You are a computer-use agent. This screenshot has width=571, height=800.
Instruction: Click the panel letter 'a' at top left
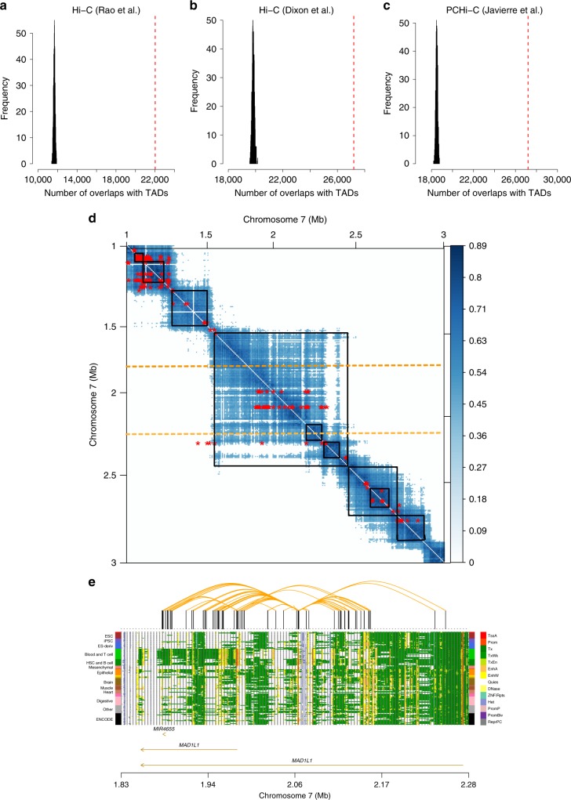coord(5,6)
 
